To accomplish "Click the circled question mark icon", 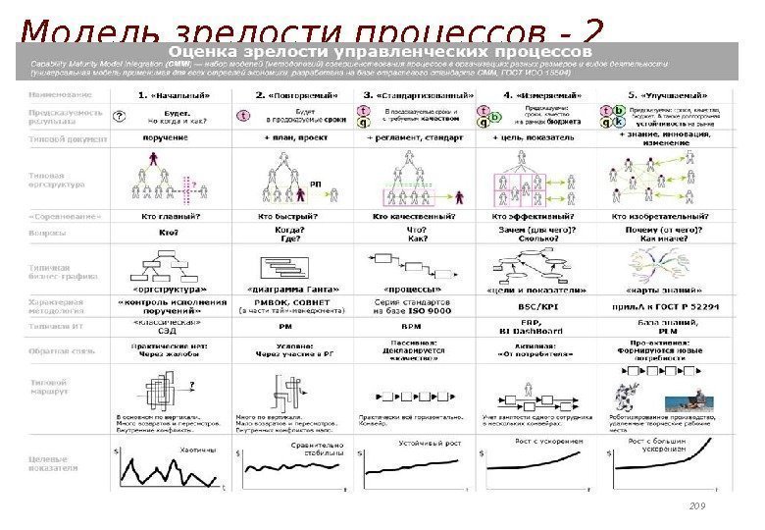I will (121, 116).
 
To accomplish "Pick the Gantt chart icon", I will (291, 265).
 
